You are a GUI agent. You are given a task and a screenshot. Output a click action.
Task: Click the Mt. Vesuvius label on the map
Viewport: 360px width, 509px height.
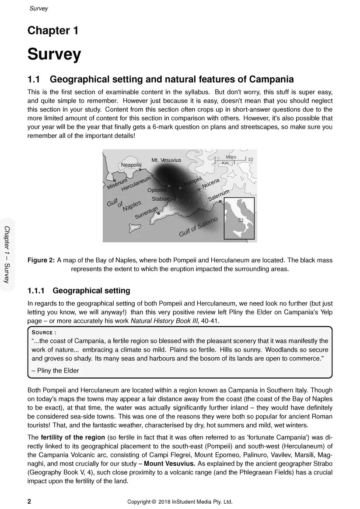[166, 160]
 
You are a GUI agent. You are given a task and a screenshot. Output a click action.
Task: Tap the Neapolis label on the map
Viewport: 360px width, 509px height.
[131, 165]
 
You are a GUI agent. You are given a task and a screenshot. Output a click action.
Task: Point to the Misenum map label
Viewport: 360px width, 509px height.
[117, 183]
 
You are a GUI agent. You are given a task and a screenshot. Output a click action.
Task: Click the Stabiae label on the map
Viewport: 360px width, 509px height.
[161, 199]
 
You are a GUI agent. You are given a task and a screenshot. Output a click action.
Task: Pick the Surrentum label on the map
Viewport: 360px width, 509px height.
[146, 213]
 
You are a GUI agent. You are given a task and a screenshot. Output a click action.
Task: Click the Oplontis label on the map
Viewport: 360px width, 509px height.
[157, 190]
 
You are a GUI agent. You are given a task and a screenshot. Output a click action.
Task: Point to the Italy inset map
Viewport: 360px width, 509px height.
[239, 218]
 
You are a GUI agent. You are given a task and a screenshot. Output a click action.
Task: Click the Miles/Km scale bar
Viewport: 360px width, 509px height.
[232, 160]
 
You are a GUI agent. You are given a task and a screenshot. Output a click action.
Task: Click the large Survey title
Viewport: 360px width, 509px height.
[54, 54]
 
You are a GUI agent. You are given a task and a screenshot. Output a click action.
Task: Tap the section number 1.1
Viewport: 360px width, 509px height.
[34, 80]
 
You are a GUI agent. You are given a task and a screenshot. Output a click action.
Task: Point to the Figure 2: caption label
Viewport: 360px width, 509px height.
[41, 260]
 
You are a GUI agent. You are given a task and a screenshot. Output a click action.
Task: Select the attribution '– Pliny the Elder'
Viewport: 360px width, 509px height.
[55, 370]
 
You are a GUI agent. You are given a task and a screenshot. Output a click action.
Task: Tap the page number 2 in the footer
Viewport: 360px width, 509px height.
[29, 501]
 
